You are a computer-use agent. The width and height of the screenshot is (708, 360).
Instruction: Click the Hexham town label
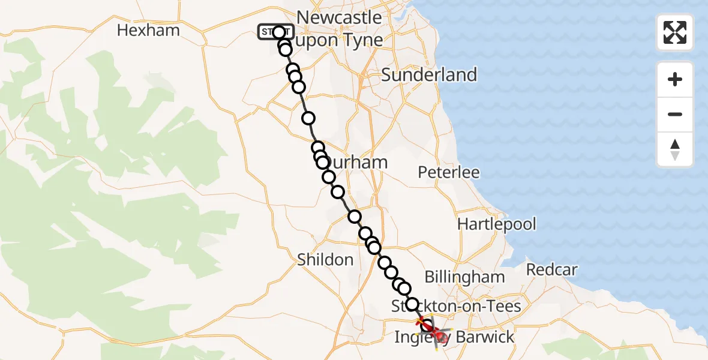(x=148, y=30)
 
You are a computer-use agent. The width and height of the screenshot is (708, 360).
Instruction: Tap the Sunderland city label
(x=429, y=75)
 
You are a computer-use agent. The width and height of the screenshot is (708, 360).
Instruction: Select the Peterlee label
(x=449, y=173)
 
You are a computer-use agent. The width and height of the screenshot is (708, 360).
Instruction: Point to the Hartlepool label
(x=497, y=224)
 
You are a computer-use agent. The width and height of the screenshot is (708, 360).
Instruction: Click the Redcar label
(x=552, y=269)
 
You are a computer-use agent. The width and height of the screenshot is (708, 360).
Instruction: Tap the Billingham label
(x=464, y=277)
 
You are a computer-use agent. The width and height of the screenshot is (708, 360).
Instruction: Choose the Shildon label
(x=325, y=259)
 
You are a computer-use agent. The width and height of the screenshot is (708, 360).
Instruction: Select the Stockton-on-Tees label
(x=456, y=306)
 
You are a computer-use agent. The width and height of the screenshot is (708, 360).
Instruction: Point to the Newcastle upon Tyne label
(x=340, y=28)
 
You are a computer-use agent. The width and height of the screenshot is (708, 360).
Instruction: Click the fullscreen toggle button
(x=675, y=32)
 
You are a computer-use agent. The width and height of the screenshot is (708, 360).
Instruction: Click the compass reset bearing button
(x=675, y=149)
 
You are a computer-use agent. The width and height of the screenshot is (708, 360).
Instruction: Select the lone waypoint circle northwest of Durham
(x=308, y=118)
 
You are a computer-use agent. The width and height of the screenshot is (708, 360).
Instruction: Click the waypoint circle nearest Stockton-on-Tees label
(x=413, y=304)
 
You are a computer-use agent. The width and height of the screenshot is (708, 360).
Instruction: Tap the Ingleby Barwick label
(x=454, y=337)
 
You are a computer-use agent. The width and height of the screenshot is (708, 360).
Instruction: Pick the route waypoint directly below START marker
(x=285, y=49)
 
